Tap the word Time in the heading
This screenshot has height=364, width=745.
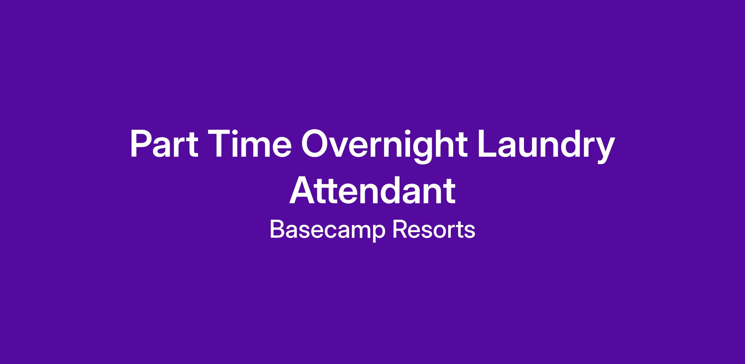[x=250, y=144]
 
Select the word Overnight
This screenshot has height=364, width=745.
[x=384, y=146]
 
